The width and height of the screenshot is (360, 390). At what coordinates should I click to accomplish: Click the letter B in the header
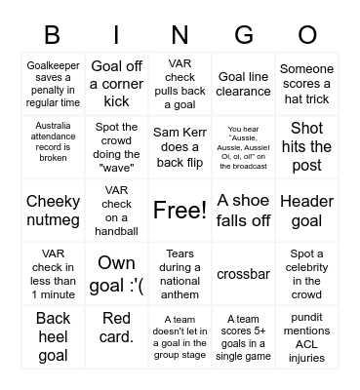[54, 36]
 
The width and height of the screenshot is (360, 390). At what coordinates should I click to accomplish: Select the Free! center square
[180, 210]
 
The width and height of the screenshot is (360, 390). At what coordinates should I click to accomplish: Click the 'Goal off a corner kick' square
[117, 84]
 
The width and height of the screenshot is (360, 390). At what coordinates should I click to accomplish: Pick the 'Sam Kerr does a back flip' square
[180, 147]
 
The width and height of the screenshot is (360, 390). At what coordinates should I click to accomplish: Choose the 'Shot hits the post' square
[306, 147]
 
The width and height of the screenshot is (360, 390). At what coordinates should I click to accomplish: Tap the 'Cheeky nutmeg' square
[54, 210]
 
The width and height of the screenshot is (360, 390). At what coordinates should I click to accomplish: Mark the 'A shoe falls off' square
[244, 210]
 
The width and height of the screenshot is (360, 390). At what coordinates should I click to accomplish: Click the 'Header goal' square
[306, 210]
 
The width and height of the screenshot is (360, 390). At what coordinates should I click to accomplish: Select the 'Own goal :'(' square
[117, 273]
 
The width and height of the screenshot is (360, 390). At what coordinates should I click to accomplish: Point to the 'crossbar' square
[244, 274]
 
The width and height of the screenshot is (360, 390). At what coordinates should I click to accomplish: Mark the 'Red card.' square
[117, 336]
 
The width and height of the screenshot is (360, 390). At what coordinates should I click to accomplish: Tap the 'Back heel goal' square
[54, 336]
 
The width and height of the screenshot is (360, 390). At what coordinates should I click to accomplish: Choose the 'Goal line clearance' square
[244, 84]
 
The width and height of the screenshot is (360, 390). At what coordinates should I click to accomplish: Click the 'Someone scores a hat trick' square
[306, 84]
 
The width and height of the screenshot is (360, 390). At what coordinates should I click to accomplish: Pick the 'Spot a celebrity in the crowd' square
[306, 273]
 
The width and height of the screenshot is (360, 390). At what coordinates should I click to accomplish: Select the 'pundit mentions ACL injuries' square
[306, 336]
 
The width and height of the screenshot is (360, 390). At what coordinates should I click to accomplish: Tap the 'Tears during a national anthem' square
[180, 273]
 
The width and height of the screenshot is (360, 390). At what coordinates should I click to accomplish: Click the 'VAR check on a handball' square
[117, 210]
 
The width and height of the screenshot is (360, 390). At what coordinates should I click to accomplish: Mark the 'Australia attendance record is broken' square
[54, 147]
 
